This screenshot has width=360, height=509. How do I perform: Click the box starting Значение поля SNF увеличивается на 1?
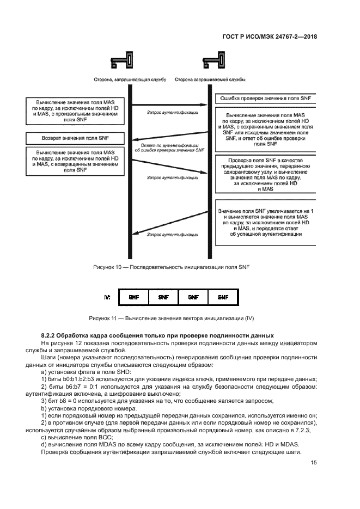point(266,223)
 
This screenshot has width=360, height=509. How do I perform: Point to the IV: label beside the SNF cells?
point(107,297)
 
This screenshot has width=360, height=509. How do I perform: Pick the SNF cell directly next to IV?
point(133,297)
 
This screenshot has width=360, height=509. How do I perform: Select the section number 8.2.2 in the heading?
point(50,334)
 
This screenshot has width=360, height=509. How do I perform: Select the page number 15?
point(314,463)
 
